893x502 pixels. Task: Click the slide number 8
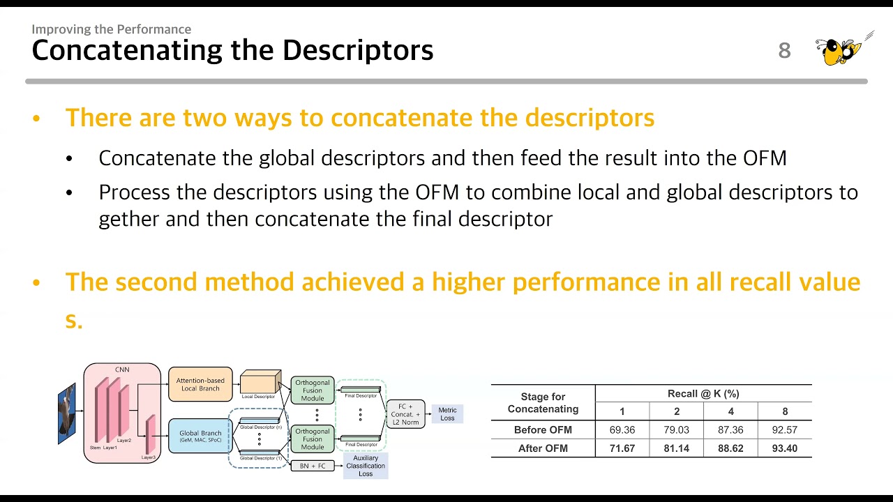pos(785,50)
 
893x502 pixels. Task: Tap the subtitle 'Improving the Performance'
pos(111,29)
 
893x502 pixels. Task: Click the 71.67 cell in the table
pos(622,448)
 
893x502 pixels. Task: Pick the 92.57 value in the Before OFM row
pos(784,429)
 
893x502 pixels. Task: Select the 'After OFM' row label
pos(543,448)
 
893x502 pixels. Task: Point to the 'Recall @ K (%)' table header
pos(703,394)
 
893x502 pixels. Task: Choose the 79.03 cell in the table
pos(677,429)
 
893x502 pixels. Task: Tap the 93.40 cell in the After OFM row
pos(784,448)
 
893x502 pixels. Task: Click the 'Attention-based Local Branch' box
pos(200,384)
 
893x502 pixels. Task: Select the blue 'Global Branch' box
pos(200,436)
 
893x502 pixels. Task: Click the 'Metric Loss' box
pos(447,414)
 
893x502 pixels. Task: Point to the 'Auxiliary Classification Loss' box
pos(366,466)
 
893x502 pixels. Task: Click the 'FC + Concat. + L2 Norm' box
pos(405,413)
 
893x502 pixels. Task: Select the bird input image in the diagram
pos(66,414)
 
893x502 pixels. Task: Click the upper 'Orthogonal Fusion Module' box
pos(313,390)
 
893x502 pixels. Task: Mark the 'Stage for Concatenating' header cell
pos(543,403)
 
